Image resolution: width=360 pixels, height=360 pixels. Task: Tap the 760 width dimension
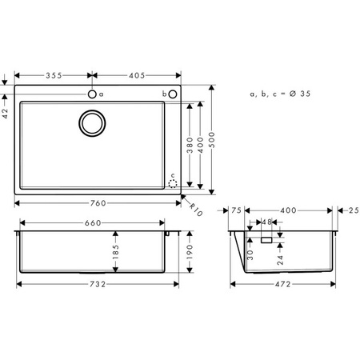[x=98, y=202]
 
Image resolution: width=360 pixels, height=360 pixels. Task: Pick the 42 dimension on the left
[x=6, y=114]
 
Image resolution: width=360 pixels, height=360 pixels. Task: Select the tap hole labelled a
[x=93, y=94]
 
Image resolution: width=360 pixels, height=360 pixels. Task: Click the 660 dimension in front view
[x=92, y=223]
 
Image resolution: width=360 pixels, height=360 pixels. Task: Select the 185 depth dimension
[x=116, y=256]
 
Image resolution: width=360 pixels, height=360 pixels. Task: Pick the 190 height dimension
[x=190, y=252]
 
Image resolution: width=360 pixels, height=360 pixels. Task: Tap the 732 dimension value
[x=98, y=284]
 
